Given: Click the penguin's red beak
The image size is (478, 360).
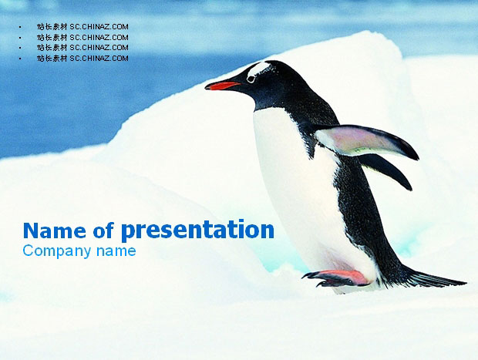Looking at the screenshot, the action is click(x=223, y=86).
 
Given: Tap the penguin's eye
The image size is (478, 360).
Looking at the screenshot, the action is click(x=251, y=79).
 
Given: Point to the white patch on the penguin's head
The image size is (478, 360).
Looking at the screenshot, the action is click(x=258, y=69).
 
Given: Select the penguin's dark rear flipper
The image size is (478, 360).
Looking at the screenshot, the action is click(x=387, y=170).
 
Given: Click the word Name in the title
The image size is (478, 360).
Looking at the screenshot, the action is click(x=55, y=230).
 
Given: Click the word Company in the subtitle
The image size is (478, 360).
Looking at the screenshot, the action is click(x=57, y=251).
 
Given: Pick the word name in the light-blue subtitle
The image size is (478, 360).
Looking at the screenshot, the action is click(x=116, y=251).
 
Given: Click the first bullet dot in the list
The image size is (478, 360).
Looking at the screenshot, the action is click(x=20, y=28).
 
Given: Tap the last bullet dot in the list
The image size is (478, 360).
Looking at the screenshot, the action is click(x=20, y=59).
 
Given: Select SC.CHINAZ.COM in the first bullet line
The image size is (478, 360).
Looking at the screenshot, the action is click(x=99, y=27).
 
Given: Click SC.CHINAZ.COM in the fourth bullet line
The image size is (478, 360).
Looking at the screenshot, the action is click(x=99, y=59).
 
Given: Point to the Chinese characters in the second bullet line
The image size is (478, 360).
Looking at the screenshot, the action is click(x=52, y=38).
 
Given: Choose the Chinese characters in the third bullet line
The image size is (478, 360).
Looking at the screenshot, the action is click(x=52, y=48).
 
